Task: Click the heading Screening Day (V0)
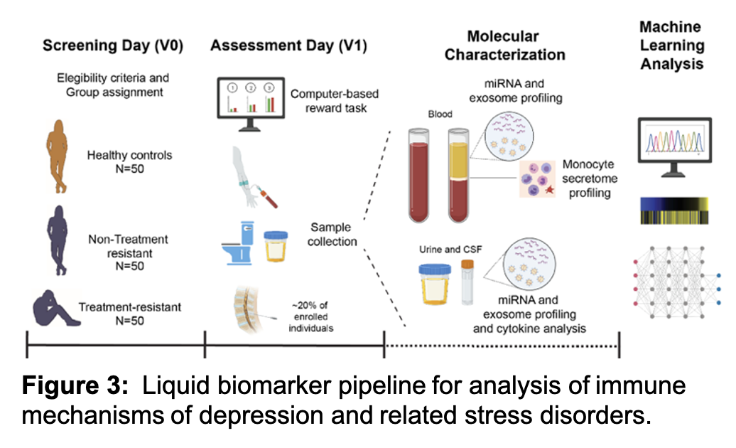(x=113, y=46)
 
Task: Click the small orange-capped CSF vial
(x=468, y=282)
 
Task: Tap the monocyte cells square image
(x=539, y=177)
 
